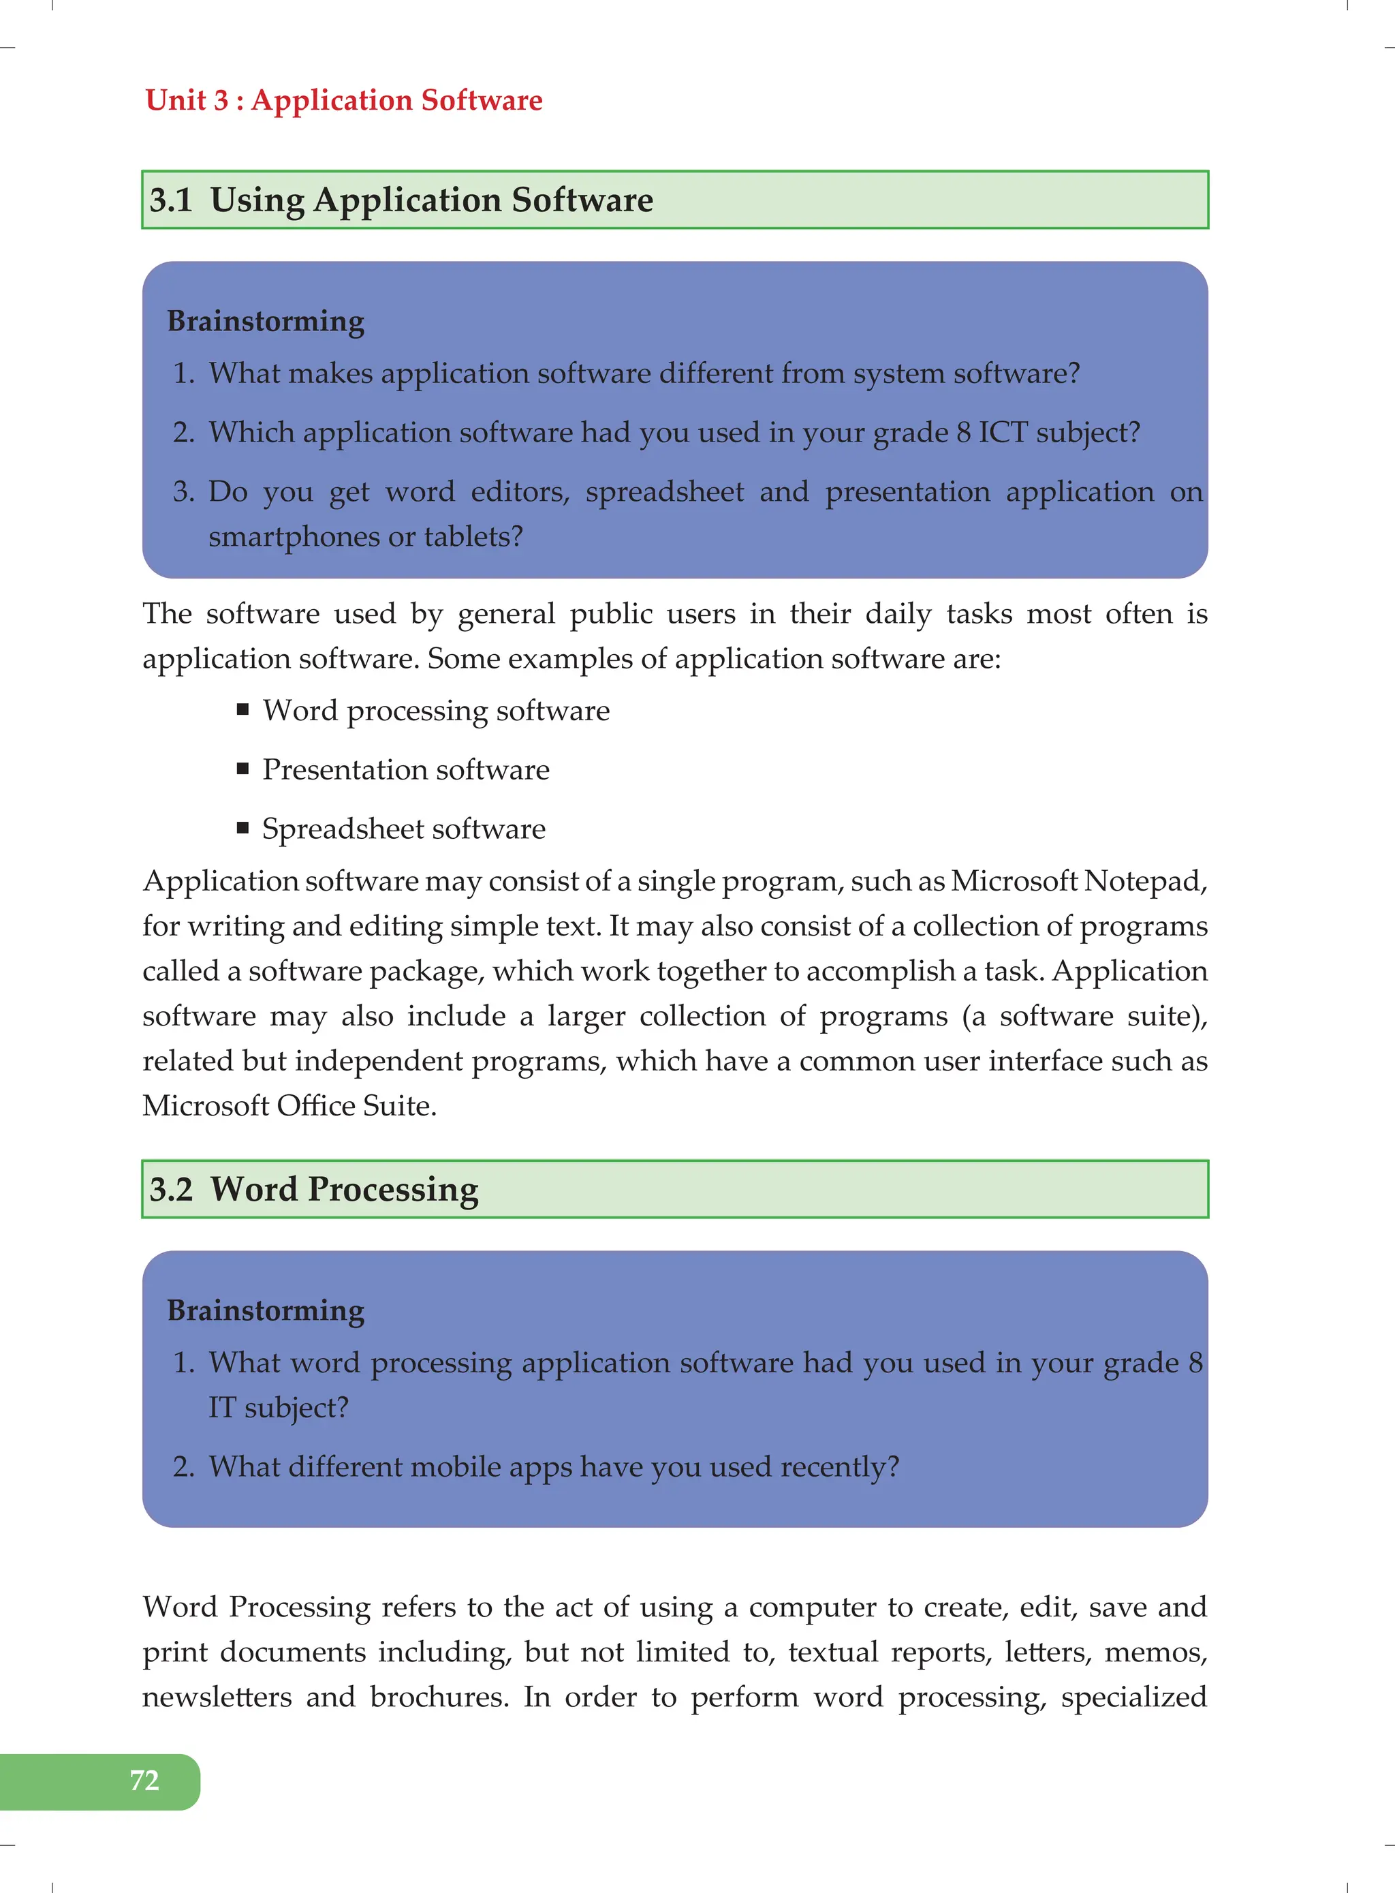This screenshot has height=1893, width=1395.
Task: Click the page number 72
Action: [x=144, y=1780]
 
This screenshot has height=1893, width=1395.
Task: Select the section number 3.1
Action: [x=170, y=200]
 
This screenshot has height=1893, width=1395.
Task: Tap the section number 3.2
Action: [x=170, y=1189]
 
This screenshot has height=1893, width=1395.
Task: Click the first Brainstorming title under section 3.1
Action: [x=266, y=321]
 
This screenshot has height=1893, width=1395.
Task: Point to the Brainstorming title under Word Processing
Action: [x=266, y=1310]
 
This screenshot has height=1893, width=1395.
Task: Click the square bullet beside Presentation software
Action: [x=243, y=769]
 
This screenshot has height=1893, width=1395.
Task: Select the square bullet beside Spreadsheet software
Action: [x=243, y=828]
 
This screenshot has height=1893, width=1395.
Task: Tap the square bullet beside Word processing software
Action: [x=243, y=709]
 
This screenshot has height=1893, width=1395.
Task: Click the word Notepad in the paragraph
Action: [x=1145, y=881]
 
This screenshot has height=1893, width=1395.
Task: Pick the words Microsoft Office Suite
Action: [x=289, y=1106]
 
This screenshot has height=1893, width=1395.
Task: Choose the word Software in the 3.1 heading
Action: [x=582, y=200]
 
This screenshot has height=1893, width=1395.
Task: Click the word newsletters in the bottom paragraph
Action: [x=217, y=1697]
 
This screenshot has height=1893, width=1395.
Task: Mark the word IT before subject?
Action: [x=222, y=1408]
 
